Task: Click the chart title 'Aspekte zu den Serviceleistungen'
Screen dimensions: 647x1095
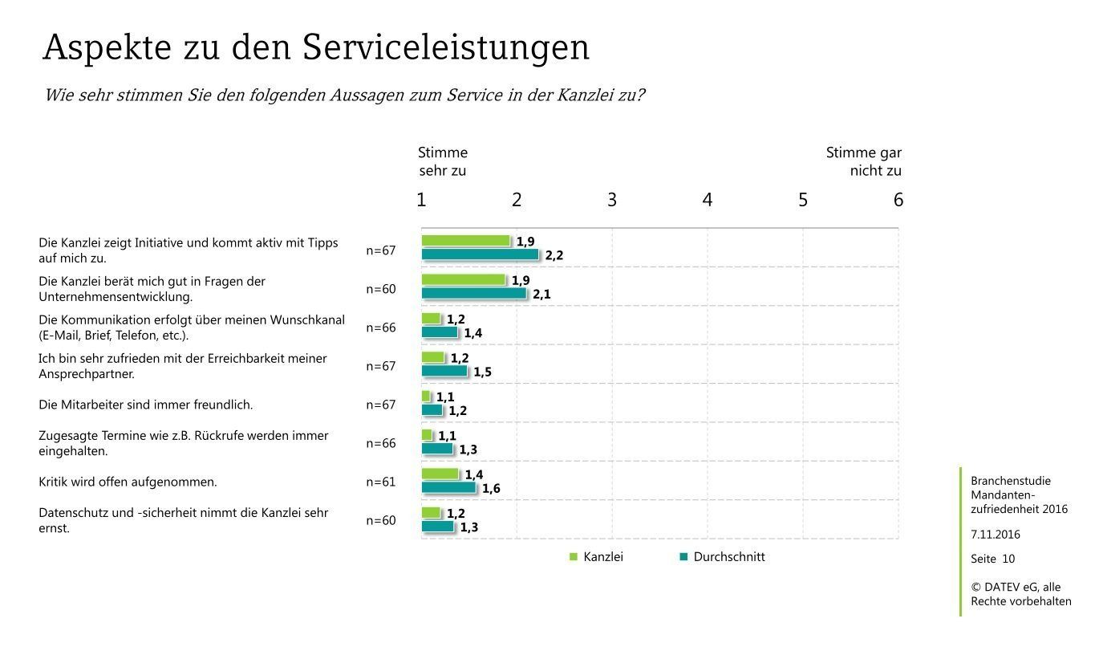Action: coord(316,48)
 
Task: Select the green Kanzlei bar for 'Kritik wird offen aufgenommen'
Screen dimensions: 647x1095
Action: coord(440,474)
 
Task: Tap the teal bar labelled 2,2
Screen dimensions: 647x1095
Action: coord(480,254)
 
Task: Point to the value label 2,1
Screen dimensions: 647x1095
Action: coord(541,295)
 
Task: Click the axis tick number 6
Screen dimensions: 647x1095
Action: coord(898,200)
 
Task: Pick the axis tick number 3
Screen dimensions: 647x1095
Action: coord(612,200)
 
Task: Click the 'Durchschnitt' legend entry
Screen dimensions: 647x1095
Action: coord(722,557)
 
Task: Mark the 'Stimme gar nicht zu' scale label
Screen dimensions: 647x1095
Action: coord(864,161)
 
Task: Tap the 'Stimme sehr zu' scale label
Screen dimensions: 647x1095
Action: coord(443,161)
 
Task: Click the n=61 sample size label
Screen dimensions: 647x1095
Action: coord(381,482)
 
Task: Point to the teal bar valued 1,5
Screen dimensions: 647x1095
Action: coord(444,371)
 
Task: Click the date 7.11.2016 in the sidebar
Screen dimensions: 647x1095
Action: coord(996,535)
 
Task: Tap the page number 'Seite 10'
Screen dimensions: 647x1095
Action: coord(992,559)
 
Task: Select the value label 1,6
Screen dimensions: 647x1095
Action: coord(491,488)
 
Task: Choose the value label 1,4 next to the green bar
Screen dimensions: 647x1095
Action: coord(474,475)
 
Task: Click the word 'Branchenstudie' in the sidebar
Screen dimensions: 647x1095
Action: coord(1010,481)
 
